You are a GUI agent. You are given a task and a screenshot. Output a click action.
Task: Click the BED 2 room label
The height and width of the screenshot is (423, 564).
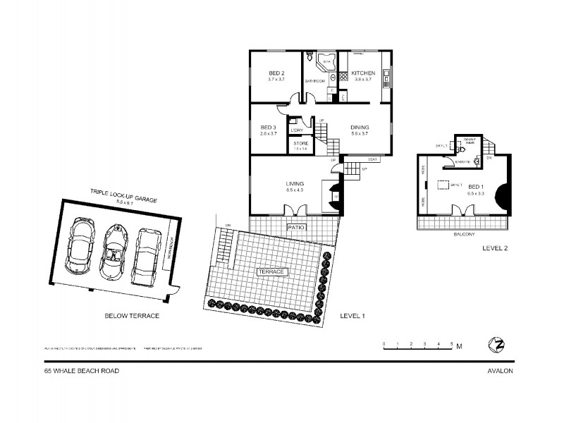pyautogui.click(x=276, y=73)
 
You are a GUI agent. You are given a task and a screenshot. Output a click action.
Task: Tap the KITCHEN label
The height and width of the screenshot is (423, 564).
pyautogui.click(x=363, y=73)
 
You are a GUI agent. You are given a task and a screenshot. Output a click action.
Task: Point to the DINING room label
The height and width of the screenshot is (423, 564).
pyautogui.click(x=360, y=128)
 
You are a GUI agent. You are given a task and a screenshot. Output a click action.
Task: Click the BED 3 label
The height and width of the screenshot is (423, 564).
pyautogui.click(x=268, y=128)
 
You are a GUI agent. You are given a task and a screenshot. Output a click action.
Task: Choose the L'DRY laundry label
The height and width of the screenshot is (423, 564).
pyautogui.click(x=297, y=130)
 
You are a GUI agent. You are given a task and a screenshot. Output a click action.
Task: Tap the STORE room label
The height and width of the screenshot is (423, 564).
pyautogui.click(x=300, y=144)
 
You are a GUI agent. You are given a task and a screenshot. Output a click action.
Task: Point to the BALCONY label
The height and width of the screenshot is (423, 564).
pyautogui.click(x=464, y=234)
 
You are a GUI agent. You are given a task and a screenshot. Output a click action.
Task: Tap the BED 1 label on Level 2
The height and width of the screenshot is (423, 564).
pyautogui.click(x=477, y=187)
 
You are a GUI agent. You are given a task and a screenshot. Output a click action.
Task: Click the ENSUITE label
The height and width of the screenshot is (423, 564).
pyautogui.click(x=462, y=162)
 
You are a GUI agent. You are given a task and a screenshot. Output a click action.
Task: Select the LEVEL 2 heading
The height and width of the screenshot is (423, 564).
pyautogui.click(x=495, y=249)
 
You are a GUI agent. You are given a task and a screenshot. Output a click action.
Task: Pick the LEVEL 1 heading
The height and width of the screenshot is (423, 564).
pyautogui.click(x=352, y=316)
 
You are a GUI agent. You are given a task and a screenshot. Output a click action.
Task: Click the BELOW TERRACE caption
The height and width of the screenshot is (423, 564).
pyautogui.click(x=132, y=316)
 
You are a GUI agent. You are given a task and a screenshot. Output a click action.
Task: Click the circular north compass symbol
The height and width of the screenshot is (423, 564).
pyautogui.click(x=496, y=345)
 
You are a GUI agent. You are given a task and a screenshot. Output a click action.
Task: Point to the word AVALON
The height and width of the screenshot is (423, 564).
pyautogui.click(x=499, y=370)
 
